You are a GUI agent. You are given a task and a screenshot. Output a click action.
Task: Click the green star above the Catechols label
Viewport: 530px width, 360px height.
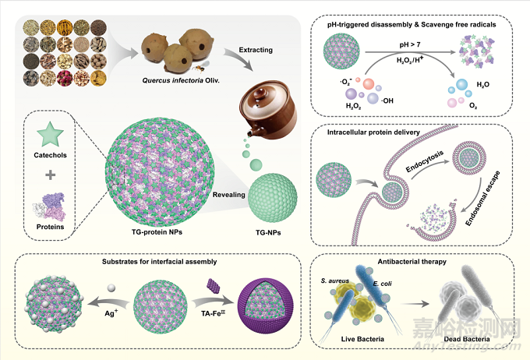[50, 134]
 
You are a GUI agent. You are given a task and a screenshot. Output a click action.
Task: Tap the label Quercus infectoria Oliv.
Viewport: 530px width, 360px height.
[181, 80]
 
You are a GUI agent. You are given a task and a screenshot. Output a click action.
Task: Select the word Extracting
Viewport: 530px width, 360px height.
[256, 50]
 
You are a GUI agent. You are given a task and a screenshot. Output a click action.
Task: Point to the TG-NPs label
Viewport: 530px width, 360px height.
[268, 232]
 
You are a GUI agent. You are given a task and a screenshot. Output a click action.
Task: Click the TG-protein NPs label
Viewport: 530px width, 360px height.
[157, 232]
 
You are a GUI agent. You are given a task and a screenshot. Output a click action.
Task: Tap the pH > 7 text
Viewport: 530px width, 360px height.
[410, 44]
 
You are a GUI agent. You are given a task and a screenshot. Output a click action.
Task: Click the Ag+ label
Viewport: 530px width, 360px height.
[111, 313]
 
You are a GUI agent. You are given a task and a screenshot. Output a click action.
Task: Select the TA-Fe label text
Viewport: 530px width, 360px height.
[213, 313]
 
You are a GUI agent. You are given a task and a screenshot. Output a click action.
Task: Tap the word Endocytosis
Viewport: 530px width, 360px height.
[424, 161]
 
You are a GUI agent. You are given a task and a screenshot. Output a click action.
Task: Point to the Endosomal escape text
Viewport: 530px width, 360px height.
[482, 199]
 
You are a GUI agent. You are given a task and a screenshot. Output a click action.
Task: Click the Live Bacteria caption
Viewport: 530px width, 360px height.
[362, 339]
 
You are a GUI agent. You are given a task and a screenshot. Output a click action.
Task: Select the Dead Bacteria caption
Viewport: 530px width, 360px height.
[467, 339]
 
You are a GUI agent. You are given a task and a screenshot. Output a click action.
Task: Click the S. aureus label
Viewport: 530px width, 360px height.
[334, 281]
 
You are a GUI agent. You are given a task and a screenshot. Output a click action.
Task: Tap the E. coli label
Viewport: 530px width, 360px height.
[382, 284]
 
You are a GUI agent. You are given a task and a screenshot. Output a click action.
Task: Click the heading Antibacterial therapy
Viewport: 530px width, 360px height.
[412, 262]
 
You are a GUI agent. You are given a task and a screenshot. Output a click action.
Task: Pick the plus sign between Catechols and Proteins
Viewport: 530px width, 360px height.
[51, 175]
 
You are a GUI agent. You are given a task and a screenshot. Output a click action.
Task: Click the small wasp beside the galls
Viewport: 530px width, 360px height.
[200, 68]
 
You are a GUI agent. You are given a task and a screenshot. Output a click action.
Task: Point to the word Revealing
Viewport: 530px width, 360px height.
[229, 195]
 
